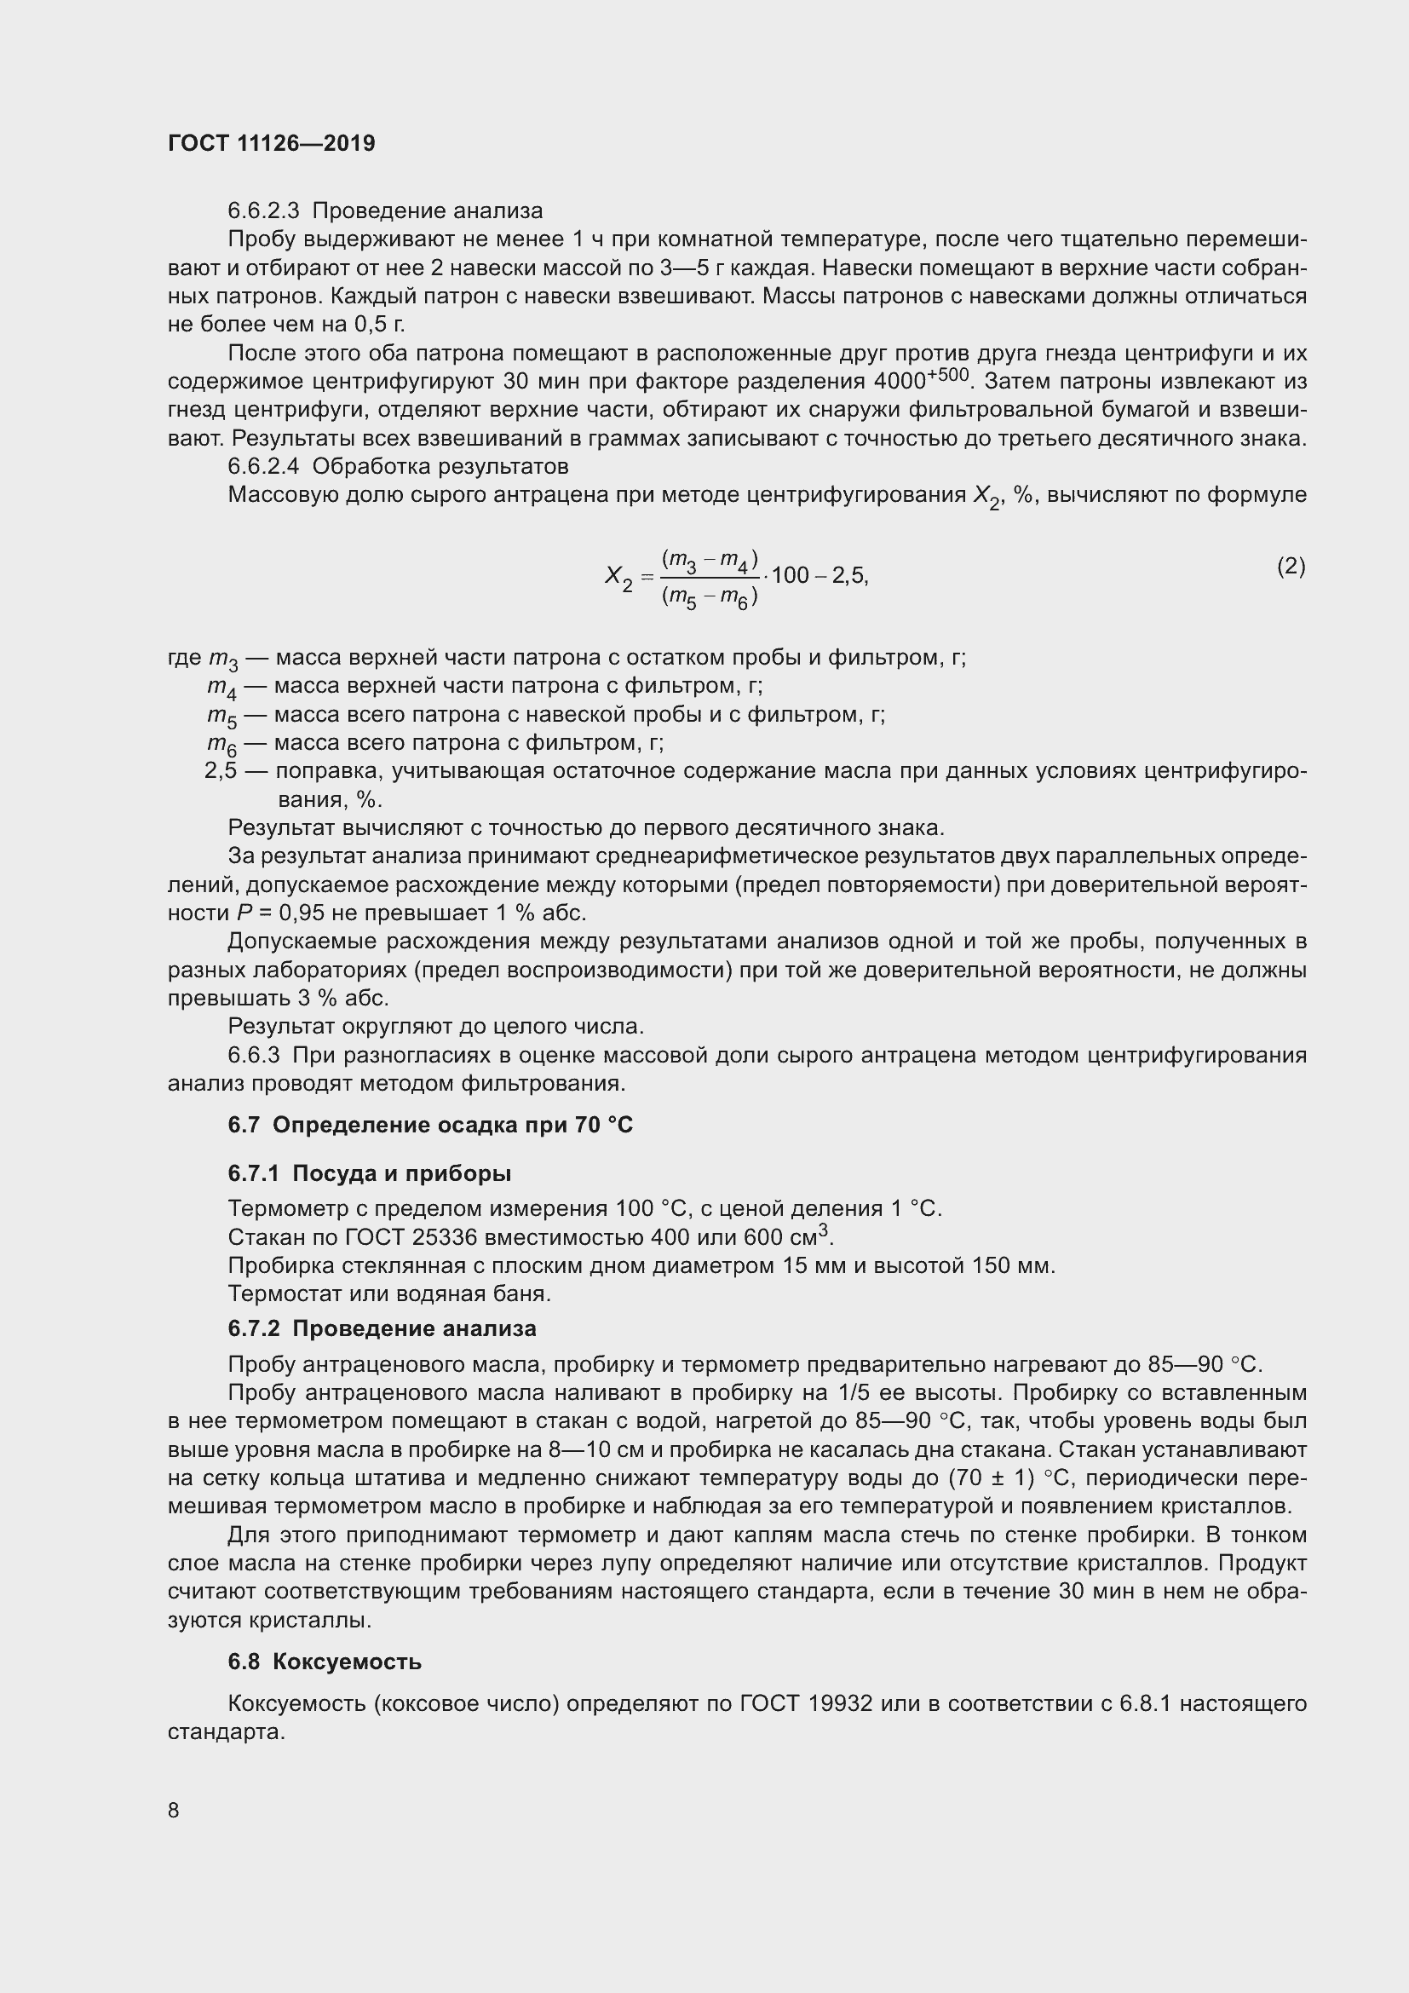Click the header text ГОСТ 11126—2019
(271, 143)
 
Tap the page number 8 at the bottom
(174, 1810)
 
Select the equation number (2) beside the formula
(1290, 567)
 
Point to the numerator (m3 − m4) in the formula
(710, 561)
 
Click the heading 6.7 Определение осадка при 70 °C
(430, 1125)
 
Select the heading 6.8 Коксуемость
(325, 1662)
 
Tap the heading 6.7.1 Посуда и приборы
(369, 1173)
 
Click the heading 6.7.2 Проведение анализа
(382, 1328)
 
